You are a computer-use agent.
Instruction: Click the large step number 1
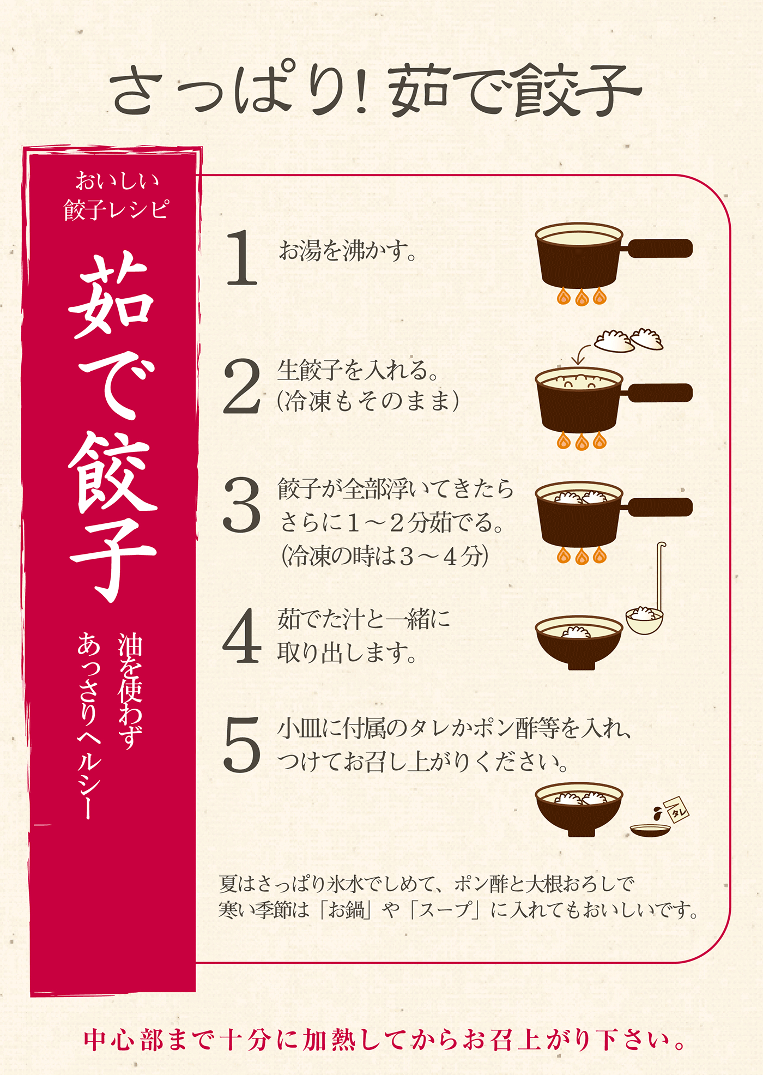[x=242, y=257]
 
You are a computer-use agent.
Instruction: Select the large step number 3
[x=242, y=505]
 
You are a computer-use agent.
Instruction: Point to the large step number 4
[x=242, y=636]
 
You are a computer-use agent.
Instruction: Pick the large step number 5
[x=242, y=745]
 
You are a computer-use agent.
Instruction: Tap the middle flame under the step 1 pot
[x=582, y=298]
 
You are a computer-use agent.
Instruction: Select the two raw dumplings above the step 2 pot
[x=628, y=341]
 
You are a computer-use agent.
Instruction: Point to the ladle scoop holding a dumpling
[x=644, y=620]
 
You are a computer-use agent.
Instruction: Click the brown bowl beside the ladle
[x=579, y=642]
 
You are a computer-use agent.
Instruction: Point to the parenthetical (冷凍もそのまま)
[x=368, y=402]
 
